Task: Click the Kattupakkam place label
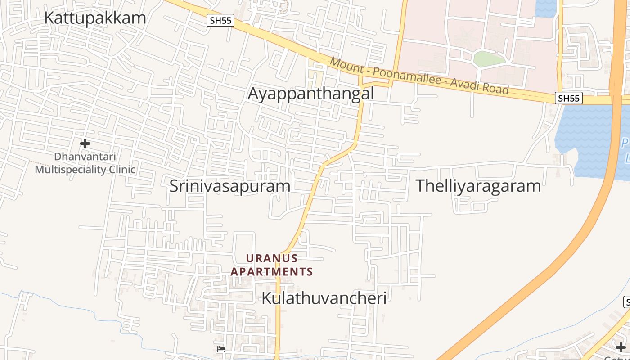pyautogui.click(x=95, y=18)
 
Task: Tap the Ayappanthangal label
pyautogui.click(x=311, y=94)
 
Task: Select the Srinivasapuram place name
pyautogui.click(x=230, y=186)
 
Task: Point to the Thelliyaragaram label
pyautogui.click(x=478, y=186)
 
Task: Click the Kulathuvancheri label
pyautogui.click(x=324, y=298)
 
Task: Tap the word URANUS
pyautogui.click(x=272, y=258)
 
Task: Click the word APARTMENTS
pyautogui.click(x=272, y=272)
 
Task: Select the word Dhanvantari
pyautogui.click(x=85, y=157)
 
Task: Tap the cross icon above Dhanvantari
pyautogui.click(x=85, y=144)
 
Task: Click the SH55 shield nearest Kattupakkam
pyautogui.click(x=220, y=20)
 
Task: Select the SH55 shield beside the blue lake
pyautogui.click(x=569, y=98)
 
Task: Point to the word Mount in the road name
pyautogui.click(x=346, y=65)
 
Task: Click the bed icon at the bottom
pyautogui.click(x=220, y=349)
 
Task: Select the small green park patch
pyautogui.click(x=490, y=59)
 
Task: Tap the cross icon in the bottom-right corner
pyautogui.click(x=621, y=347)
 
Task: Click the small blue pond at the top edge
pyautogui.click(x=546, y=8)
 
